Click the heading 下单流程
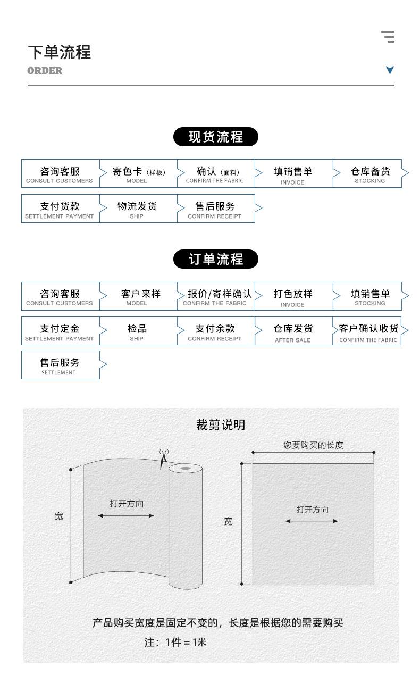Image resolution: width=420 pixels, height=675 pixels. click(60, 52)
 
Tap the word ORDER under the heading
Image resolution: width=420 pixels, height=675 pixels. click(45, 71)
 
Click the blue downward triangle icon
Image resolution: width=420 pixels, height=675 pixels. click(390, 70)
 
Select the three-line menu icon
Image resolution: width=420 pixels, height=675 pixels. click(388, 37)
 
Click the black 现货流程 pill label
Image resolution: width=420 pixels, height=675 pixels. click(216, 137)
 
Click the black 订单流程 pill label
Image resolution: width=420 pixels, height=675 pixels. click(216, 259)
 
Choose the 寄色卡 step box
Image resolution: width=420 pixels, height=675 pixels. click(138, 173)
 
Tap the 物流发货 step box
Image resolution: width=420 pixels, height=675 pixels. click(138, 209)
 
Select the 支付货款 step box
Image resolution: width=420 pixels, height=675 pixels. click(60, 209)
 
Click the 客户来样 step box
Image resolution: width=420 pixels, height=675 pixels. click(138, 296)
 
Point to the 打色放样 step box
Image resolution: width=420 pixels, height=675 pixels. click(294, 296)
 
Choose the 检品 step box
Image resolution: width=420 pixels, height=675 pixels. click(138, 331)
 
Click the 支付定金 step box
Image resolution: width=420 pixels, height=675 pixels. click(60, 331)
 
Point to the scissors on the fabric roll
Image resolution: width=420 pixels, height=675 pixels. click(164, 459)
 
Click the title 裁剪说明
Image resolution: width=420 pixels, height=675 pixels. click(221, 425)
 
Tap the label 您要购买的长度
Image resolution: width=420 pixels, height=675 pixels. click(313, 445)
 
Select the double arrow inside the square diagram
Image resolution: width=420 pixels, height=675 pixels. click(312, 521)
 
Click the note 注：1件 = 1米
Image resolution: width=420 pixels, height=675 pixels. click(175, 642)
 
